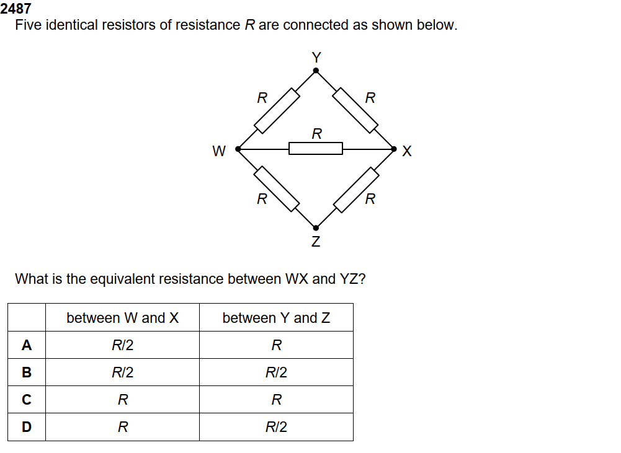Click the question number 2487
(x=16, y=9)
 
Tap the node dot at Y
(x=316, y=71)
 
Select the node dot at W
(x=238, y=149)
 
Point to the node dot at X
(x=394, y=149)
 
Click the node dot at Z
(x=316, y=227)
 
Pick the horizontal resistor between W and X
(x=316, y=149)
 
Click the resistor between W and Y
(x=277, y=110)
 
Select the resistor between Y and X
(x=355, y=110)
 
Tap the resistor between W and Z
(x=277, y=188)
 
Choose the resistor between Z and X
(x=355, y=188)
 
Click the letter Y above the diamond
(x=316, y=57)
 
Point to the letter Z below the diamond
(x=316, y=242)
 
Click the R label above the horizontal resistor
(x=316, y=133)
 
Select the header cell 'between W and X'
(x=122, y=318)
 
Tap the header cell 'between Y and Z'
(x=276, y=318)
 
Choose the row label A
(x=27, y=345)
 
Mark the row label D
(x=27, y=427)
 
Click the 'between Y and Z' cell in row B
(x=276, y=372)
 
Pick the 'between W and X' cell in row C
(x=122, y=400)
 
